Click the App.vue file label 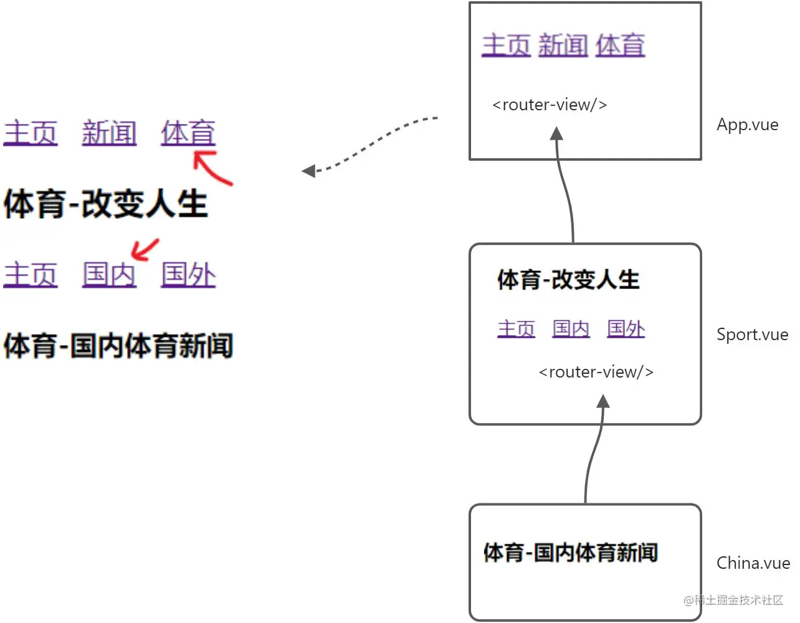click(x=747, y=125)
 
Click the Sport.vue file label click(x=752, y=335)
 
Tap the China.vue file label click(x=753, y=563)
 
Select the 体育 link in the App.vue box click(x=619, y=45)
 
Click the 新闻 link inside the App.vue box click(x=563, y=45)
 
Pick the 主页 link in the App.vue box click(x=506, y=45)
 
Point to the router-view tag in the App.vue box click(x=550, y=105)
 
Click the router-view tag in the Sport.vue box click(x=596, y=372)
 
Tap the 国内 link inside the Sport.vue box click(x=571, y=328)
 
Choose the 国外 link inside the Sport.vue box click(x=626, y=328)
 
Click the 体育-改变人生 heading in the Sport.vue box click(x=568, y=280)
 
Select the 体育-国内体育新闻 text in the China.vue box click(x=570, y=552)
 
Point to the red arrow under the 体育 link click(x=212, y=168)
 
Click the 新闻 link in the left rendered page click(x=109, y=133)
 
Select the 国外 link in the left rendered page click(x=188, y=274)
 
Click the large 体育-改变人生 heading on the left click(x=105, y=204)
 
